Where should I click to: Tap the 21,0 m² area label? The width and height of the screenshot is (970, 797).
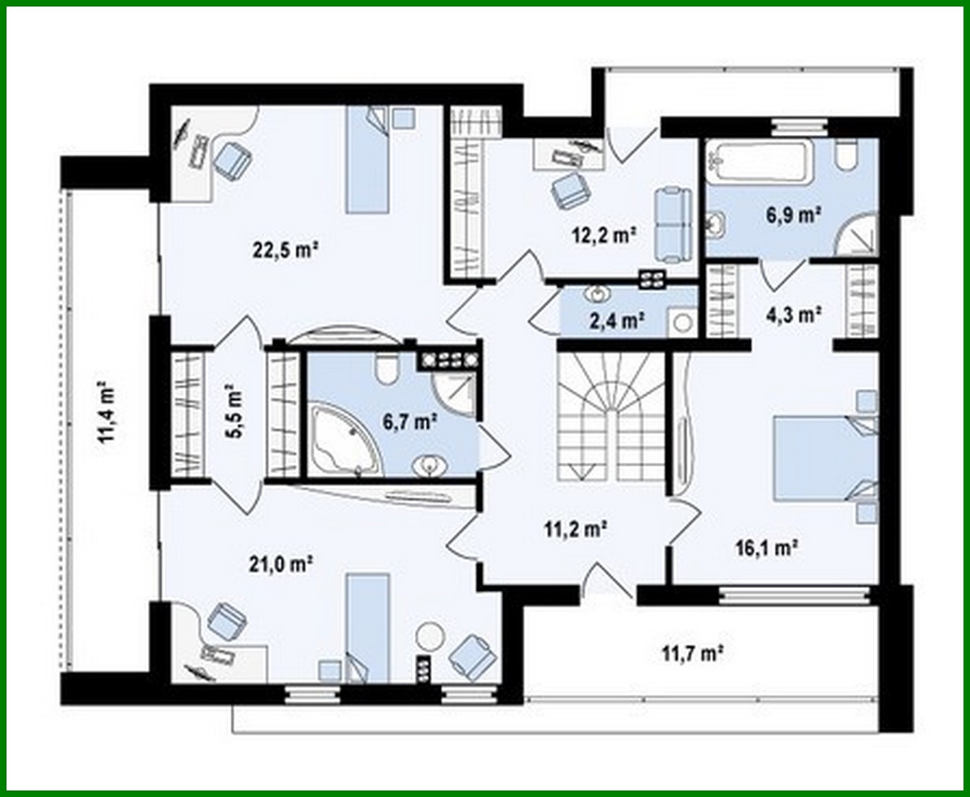pos(281,563)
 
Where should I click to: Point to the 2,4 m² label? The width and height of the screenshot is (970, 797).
pos(616,320)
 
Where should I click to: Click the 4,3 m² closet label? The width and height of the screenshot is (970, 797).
pos(794,314)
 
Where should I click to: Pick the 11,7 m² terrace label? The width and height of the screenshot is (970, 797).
pos(692,653)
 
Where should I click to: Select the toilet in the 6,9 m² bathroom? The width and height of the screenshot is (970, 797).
pos(846,156)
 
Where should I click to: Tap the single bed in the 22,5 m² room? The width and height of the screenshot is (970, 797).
pos(368,160)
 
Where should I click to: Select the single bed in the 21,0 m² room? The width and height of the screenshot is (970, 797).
pos(367,626)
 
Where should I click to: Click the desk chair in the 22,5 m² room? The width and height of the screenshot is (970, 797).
pos(232,159)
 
